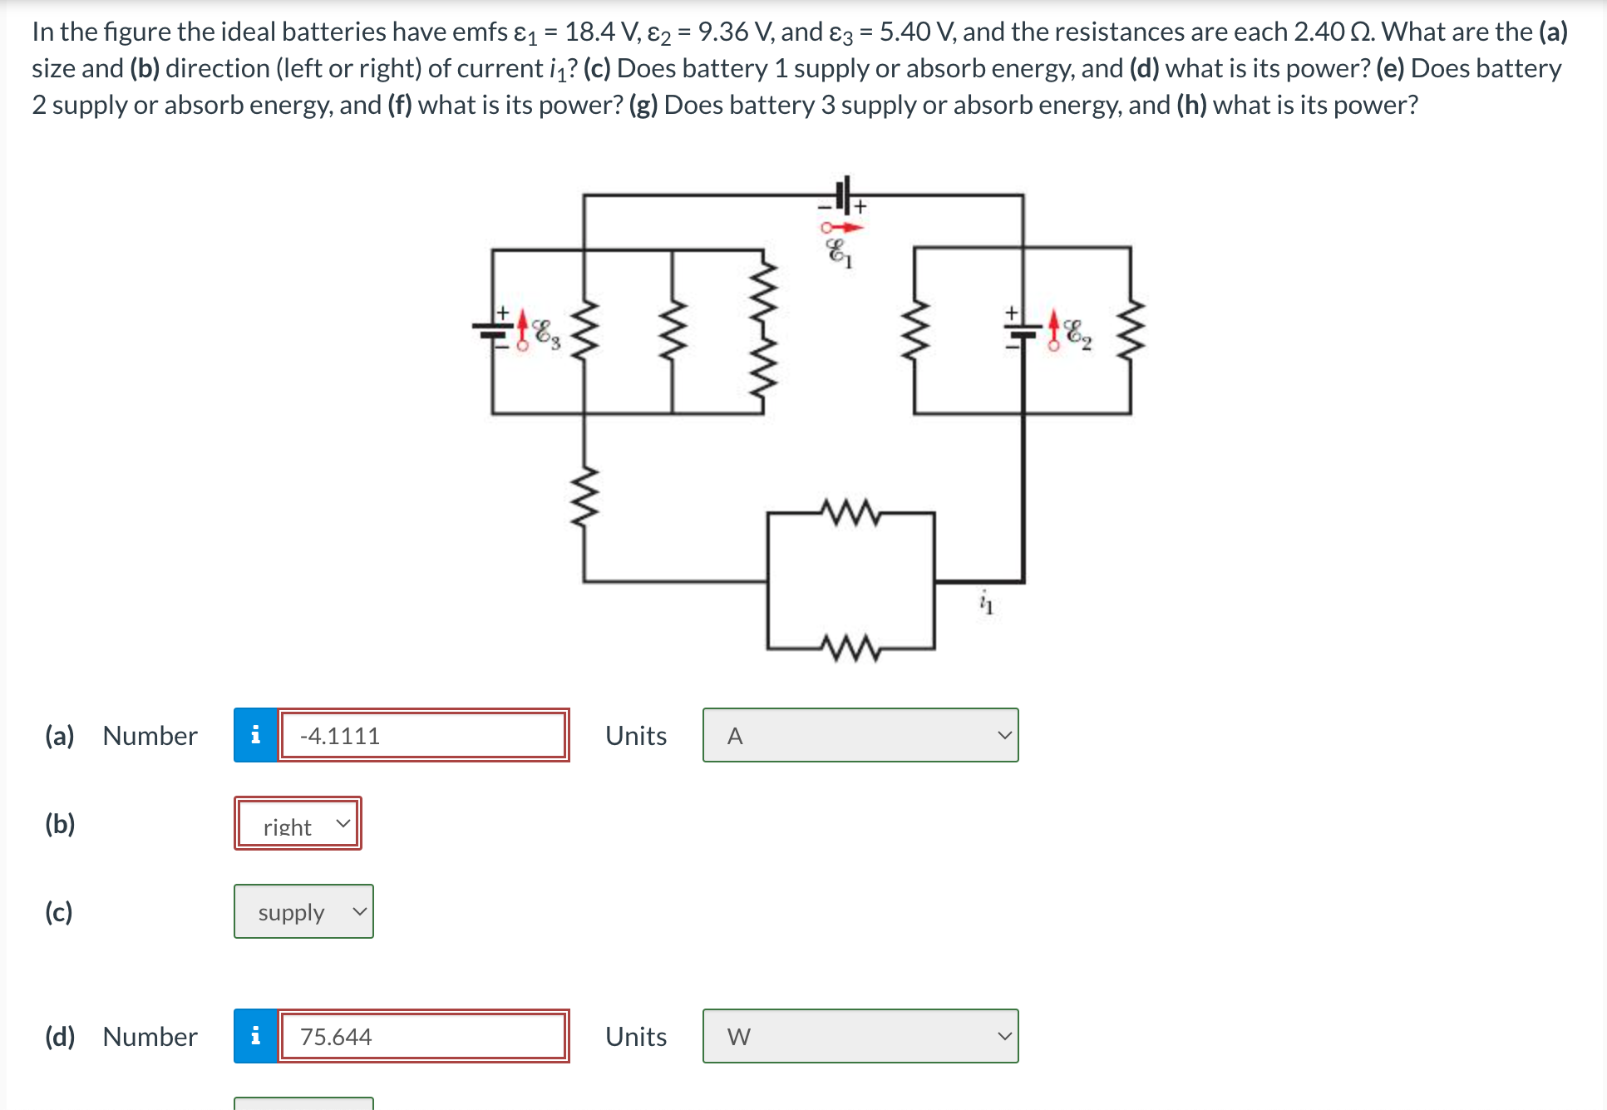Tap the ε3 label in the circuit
(x=547, y=333)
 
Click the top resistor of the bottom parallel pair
(x=850, y=513)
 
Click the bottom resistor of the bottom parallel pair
(x=850, y=648)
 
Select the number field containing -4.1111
(x=423, y=735)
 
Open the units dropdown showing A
(x=860, y=735)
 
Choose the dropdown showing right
(x=298, y=823)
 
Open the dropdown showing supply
(x=303, y=911)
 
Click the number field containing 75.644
(x=423, y=1036)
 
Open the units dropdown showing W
(x=860, y=1036)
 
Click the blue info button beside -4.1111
(x=255, y=735)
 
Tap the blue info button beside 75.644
(x=255, y=1036)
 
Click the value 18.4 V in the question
(x=601, y=32)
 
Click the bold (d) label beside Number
(x=60, y=1036)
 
